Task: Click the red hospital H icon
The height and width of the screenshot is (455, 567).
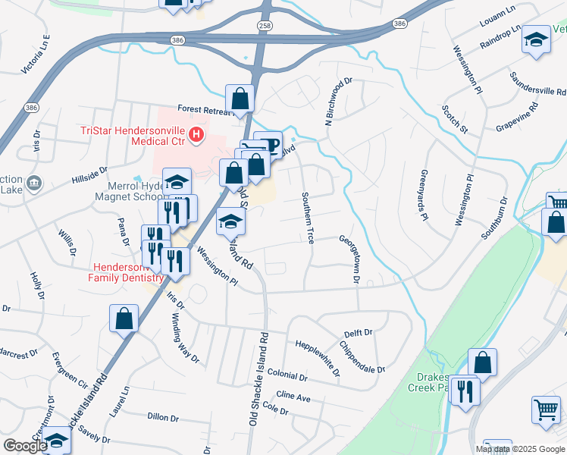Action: pos(196,135)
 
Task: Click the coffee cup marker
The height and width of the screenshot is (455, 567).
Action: pos(268,143)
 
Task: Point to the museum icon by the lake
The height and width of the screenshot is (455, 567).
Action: pos(33,184)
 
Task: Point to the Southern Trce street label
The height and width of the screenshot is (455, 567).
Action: pos(309,218)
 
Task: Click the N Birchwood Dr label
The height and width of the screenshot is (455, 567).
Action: pos(339,101)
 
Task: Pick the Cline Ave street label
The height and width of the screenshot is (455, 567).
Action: pos(293,397)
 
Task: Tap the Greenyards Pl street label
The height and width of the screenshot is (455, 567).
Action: pos(422,195)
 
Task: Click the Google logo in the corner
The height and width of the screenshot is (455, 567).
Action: pos(24,446)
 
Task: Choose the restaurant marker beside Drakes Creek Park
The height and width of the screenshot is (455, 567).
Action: pos(465,391)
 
